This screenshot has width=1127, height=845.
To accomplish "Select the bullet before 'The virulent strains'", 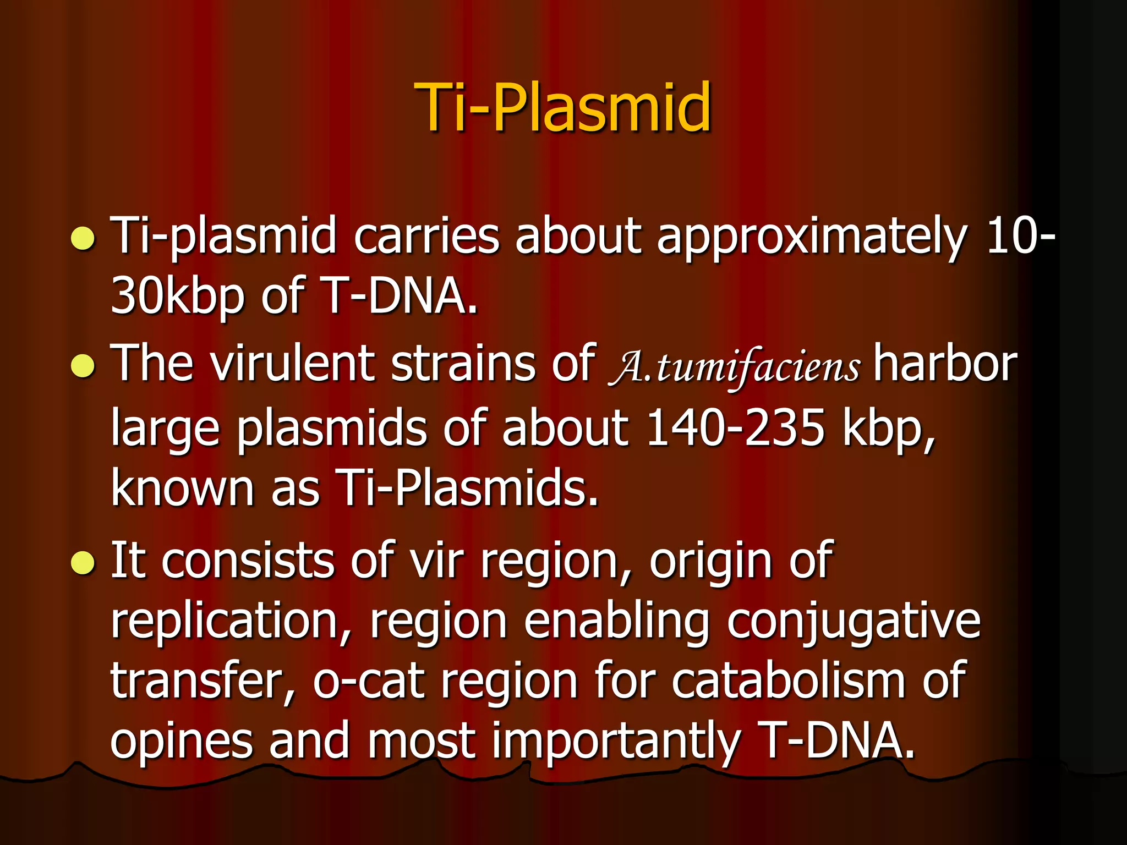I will point(84,366).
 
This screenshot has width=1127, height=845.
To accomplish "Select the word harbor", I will point(945,363).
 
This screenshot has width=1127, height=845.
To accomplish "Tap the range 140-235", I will point(735,427).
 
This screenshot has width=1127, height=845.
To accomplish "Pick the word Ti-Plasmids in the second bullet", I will point(467,487).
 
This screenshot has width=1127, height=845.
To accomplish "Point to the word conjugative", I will point(854,622).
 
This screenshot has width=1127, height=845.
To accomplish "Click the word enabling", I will point(616,622).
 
